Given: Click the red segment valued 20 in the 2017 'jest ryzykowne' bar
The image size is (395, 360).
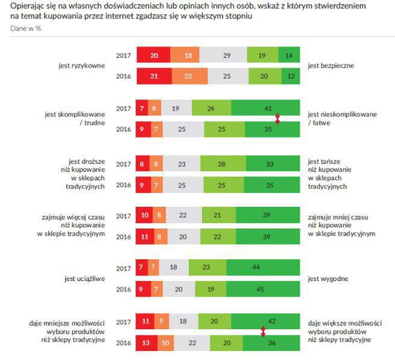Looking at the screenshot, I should [x=153, y=55].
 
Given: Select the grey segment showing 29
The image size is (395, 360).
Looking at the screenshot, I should [x=226, y=55].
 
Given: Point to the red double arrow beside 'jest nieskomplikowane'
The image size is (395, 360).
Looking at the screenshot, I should [x=277, y=119].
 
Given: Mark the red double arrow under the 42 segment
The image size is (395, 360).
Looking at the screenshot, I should [x=263, y=331].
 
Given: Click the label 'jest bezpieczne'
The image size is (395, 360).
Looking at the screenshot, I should [x=330, y=65].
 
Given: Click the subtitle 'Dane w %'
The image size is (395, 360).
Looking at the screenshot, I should [x=26, y=28].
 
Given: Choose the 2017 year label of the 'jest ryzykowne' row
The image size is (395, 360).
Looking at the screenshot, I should [x=124, y=55].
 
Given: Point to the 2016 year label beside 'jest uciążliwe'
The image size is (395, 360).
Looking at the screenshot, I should [x=124, y=289].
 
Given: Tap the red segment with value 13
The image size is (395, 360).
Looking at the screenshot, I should [x=146, y=343].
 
